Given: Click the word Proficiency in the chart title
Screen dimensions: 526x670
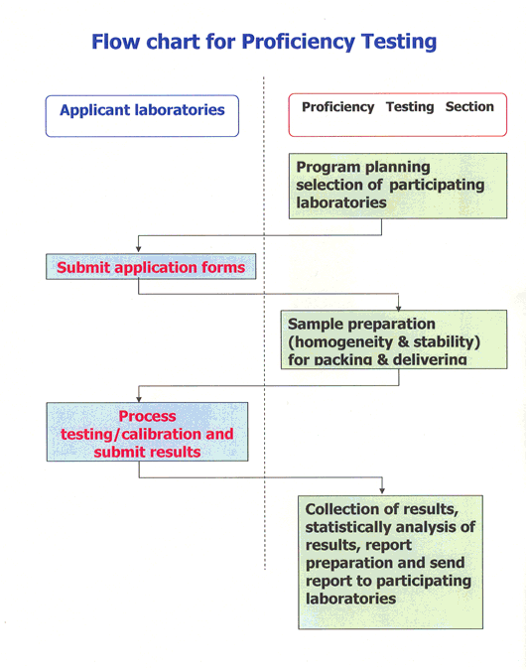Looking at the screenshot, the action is [x=299, y=43].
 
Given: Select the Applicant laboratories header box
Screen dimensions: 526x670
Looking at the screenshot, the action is [x=142, y=116].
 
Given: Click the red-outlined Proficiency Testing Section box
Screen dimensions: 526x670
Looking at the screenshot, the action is [x=398, y=114].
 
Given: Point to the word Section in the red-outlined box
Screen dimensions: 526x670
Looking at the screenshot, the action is [x=469, y=106].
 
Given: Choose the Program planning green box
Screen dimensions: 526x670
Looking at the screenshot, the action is [x=398, y=186].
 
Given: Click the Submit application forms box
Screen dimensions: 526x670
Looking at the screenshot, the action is [x=151, y=267].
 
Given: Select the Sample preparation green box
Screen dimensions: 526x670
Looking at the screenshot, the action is [x=394, y=339].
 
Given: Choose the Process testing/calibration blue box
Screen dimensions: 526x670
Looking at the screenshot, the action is [x=148, y=432].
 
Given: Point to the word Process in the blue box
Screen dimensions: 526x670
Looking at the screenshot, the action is [x=147, y=416].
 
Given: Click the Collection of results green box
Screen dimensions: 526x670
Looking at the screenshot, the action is [x=391, y=563].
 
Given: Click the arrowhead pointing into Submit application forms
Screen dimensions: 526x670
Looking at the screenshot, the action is [x=138, y=249].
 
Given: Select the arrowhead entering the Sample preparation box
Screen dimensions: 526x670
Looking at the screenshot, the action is [x=399, y=307].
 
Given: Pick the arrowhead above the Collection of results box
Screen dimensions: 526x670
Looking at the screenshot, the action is [x=382, y=490].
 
